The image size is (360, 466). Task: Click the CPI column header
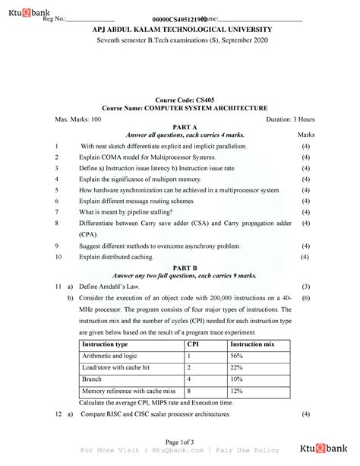(194, 344)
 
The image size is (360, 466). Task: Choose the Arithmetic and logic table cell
(109, 355)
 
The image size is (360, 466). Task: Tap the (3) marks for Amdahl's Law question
(306, 287)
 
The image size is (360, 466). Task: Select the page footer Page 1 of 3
(179, 442)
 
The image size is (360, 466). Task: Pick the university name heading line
(179, 29)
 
